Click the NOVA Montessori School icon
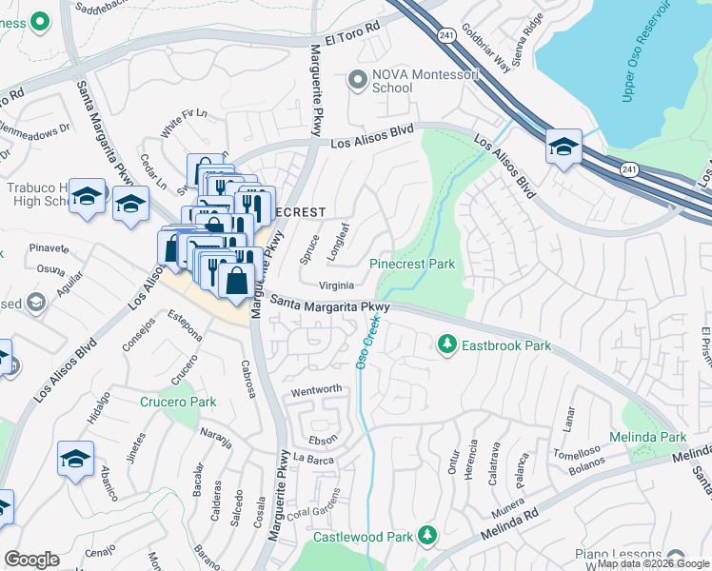[358, 80]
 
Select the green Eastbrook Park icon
[446, 343]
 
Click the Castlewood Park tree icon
[427, 536]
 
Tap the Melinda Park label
[655, 437]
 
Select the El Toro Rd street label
[352, 40]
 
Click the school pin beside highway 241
[564, 148]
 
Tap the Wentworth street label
[316, 390]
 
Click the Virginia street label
[337, 285]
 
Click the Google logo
[30, 560]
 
